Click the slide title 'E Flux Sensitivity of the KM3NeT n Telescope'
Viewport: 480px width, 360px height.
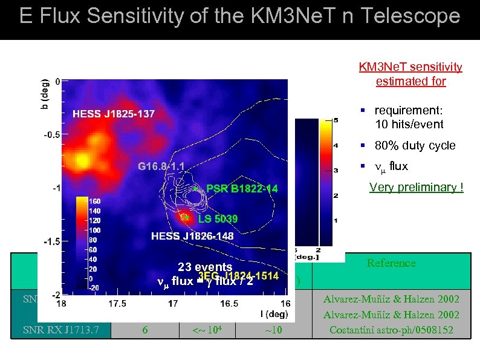tap(239, 16)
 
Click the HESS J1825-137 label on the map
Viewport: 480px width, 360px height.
tap(114, 114)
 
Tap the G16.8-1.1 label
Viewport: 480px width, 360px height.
tap(161, 166)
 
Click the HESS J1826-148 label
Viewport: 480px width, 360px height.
tap(192, 235)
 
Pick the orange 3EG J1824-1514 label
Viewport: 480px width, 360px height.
tap(238, 277)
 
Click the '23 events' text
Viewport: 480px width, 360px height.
tap(205, 267)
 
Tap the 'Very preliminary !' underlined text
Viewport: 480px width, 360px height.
tap(417, 187)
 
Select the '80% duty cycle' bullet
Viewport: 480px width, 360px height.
tap(415, 146)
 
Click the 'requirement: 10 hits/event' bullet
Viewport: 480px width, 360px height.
tap(409, 117)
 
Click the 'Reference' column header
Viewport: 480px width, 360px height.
tap(391, 263)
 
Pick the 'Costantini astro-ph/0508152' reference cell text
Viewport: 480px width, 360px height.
tap(391, 330)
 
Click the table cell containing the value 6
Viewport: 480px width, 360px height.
tap(144, 329)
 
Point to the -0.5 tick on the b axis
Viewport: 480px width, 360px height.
tap(51, 135)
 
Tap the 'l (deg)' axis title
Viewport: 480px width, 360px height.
tap(268, 314)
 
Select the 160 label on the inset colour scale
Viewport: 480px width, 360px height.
tap(96, 201)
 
